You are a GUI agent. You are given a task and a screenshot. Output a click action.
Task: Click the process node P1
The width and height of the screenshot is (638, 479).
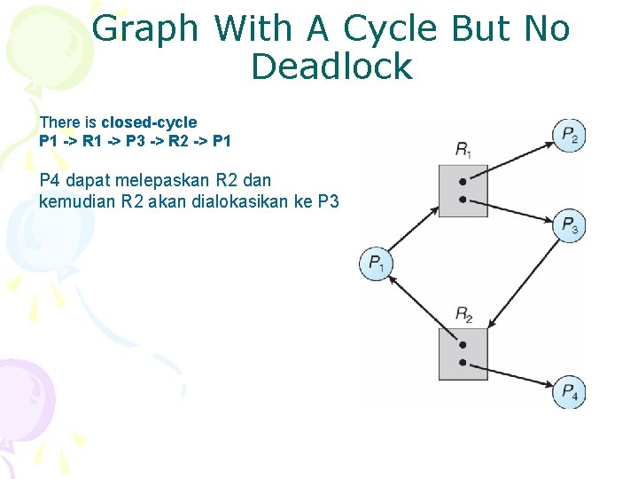tap(375, 263)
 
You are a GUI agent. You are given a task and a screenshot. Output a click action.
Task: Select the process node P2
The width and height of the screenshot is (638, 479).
tap(569, 135)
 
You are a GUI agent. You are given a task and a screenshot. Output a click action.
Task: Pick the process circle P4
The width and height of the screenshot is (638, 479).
tap(569, 392)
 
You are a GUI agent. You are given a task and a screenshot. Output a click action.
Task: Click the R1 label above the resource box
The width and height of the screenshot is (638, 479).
tap(463, 149)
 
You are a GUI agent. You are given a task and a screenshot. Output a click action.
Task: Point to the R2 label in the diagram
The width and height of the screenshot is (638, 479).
tap(463, 313)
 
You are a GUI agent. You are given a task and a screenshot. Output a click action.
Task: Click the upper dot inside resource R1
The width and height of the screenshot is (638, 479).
tap(463, 182)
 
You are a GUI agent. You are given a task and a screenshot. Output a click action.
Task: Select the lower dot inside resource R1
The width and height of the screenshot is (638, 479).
tap(463, 200)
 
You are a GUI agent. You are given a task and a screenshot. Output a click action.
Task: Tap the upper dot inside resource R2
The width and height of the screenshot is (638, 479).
tap(463, 345)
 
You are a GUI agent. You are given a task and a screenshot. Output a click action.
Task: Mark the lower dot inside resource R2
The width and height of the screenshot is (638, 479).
tap(463, 363)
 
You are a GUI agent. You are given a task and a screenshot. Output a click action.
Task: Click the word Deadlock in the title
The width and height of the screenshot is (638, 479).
tap(331, 67)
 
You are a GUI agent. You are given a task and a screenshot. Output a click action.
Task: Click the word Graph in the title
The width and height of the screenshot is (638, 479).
tap(145, 29)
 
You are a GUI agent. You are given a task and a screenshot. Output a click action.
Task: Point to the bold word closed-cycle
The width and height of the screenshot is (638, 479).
tap(149, 122)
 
